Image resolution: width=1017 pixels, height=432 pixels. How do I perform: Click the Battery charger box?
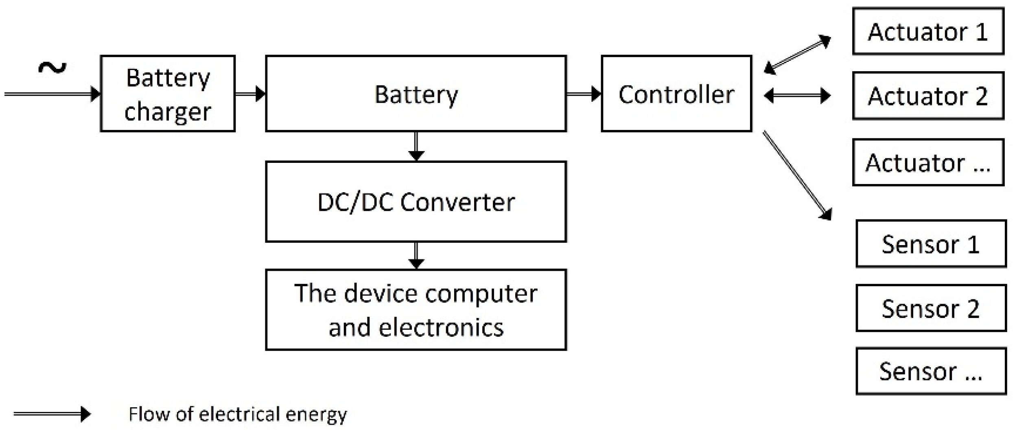[x=168, y=94]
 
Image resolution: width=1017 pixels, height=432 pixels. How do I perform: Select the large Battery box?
[x=416, y=94]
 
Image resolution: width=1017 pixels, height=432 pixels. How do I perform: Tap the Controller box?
[x=676, y=94]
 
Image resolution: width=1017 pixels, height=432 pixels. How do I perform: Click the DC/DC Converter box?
[x=416, y=202]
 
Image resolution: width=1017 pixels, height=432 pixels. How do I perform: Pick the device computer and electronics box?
[x=416, y=310]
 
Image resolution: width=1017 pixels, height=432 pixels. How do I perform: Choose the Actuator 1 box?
[x=928, y=31]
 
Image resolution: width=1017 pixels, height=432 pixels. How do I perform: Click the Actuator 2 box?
[x=928, y=96]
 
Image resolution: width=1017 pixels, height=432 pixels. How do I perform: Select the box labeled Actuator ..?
[x=928, y=162]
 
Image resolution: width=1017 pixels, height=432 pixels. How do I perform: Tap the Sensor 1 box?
[x=931, y=244]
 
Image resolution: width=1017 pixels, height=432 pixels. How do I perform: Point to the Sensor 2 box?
[x=931, y=308]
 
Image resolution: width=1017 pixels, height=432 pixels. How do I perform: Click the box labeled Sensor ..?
[x=931, y=371]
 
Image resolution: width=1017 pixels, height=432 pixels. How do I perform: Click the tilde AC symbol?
[x=52, y=68]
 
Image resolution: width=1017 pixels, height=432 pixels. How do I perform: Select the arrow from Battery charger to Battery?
[x=250, y=94]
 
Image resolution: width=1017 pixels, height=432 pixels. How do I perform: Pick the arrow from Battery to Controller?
[x=584, y=94]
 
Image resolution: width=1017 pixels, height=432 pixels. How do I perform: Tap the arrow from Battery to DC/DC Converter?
[x=416, y=146]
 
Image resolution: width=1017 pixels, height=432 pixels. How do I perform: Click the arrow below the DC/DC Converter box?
[x=416, y=255]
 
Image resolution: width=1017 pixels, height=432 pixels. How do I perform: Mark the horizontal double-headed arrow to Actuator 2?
[x=797, y=96]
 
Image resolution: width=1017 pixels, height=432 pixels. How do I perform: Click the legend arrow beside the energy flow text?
[x=52, y=414]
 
